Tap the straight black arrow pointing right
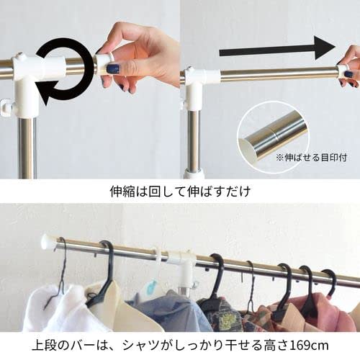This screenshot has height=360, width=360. (277, 50)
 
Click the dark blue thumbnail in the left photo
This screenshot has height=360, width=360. (112, 68)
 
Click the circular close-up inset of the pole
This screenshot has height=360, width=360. (272, 136)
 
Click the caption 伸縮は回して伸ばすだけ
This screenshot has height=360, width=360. (179, 192)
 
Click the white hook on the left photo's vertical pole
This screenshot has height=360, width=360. (7, 109)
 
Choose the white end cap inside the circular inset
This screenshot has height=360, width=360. (251, 147)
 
